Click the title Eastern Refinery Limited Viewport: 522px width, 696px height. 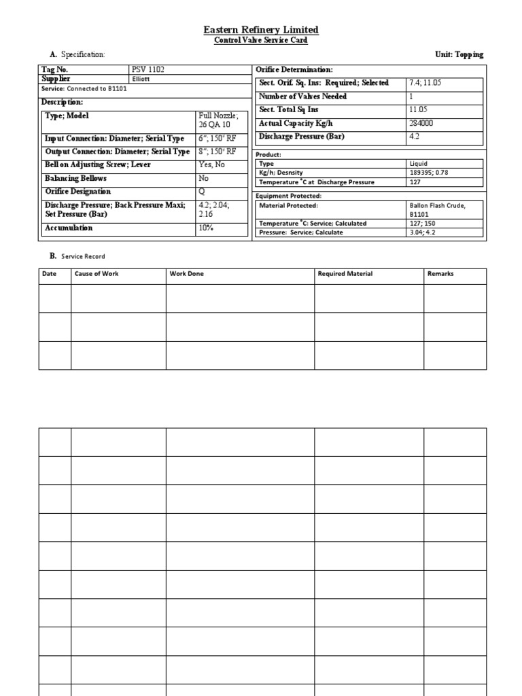pos(261,30)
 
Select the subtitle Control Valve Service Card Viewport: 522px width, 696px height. pos(261,41)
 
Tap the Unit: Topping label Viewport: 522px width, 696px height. pos(459,54)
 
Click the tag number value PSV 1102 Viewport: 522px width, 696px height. pos(149,70)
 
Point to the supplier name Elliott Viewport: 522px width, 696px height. pos(141,79)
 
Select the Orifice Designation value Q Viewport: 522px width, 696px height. pos(201,192)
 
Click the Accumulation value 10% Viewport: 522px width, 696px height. pos(207,228)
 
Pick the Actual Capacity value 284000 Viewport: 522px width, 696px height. pos(421,124)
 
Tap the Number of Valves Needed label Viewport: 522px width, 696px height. pos(302,97)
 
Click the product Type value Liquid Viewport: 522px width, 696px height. pos(418,164)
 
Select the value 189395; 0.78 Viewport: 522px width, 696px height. pos(428,173)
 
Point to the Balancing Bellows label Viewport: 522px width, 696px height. pos(75,179)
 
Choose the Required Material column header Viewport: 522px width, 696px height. pos(345,274)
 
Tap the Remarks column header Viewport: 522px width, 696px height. pos(440,274)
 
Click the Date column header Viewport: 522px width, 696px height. pos(49,274)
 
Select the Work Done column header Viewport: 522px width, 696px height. pos(186,274)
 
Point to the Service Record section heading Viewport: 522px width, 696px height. pos(83,256)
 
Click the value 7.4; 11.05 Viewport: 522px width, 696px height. pos(425,83)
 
